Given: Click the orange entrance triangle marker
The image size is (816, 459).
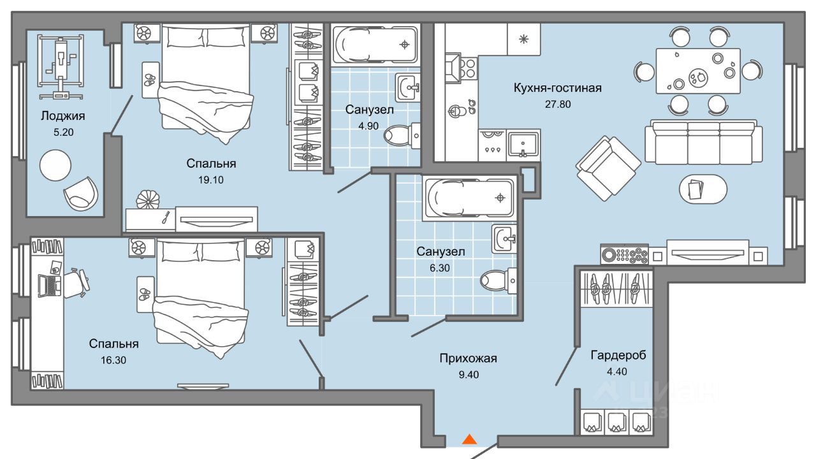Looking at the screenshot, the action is (470, 439).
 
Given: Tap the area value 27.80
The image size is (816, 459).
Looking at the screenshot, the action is (558, 104).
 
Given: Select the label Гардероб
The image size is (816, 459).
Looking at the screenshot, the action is (618, 355).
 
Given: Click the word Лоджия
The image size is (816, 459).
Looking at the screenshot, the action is (63, 116).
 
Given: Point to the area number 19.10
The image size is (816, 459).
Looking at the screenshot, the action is (211, 180).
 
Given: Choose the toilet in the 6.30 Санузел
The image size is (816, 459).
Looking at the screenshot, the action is (498, 280).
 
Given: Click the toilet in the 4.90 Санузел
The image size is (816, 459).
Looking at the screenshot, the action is (402, 136).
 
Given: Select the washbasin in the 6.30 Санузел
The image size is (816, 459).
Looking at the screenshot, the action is (504, 239).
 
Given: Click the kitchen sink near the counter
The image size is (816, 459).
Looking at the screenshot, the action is (523, 145).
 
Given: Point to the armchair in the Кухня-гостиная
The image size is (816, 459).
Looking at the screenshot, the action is (608, 168).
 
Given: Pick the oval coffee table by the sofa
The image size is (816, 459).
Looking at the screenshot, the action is (703, 189).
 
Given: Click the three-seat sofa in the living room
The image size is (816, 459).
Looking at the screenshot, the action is (703, 142).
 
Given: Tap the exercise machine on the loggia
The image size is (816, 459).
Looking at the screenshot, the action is (61, 67).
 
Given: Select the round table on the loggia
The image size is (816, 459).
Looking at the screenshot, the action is (55, 165).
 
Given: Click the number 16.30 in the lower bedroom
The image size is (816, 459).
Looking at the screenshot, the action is (113, 360).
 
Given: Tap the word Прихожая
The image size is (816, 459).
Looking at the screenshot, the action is (468, 358).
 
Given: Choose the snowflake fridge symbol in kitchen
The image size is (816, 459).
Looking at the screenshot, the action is (523, 39).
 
